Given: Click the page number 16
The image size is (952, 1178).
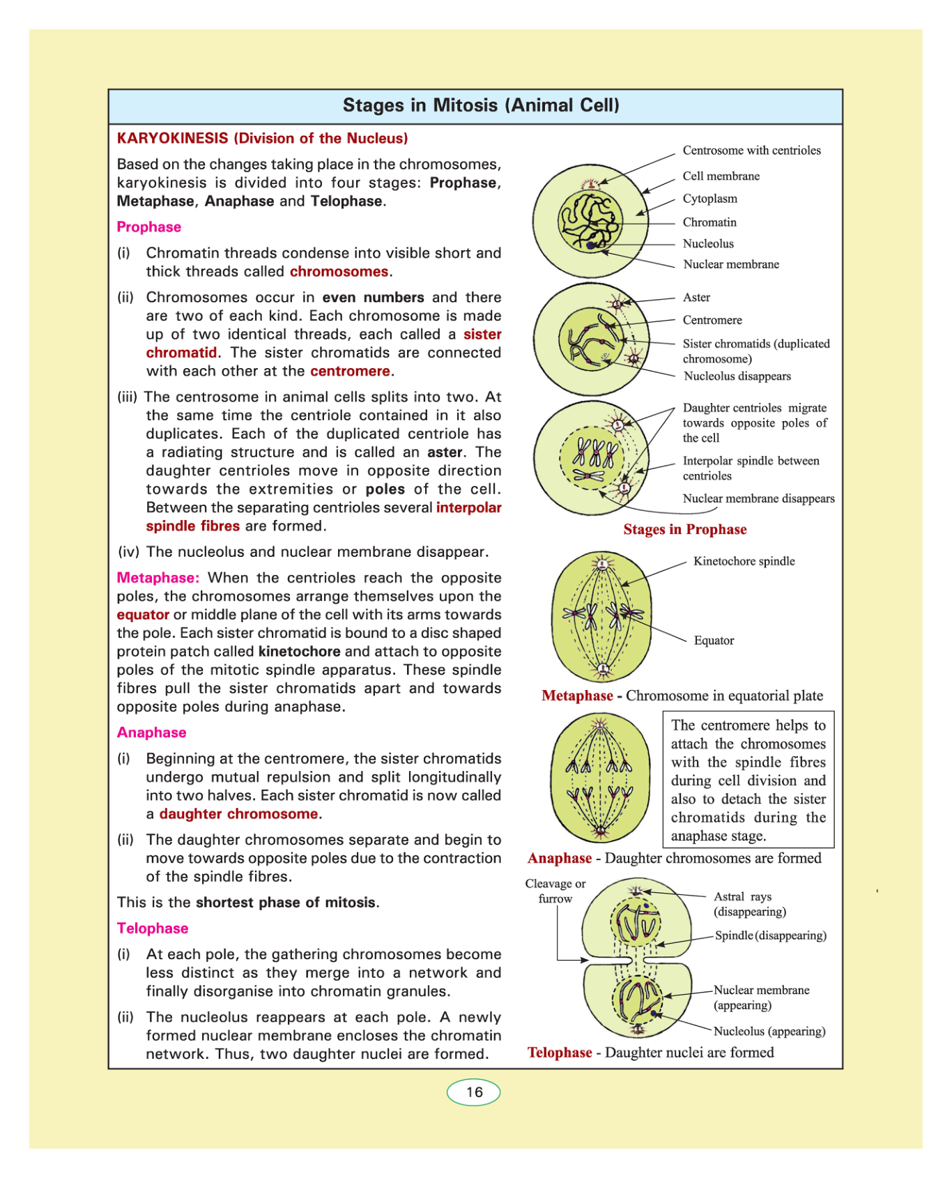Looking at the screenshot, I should point(474,1092).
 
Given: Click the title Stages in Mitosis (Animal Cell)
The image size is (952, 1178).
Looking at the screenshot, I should point(481,105).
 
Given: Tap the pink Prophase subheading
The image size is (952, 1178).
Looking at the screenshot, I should point(149,227).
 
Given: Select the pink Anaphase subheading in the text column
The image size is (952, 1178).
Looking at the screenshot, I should point(152,733).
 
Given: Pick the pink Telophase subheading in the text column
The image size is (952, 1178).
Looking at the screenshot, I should point(153,928).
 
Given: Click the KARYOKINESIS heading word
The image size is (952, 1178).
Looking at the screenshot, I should point(172,138).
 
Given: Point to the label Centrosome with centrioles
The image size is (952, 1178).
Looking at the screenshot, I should point(751,151).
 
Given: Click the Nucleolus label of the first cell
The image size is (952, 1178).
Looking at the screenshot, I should point(708,243).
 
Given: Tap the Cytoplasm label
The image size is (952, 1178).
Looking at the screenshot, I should point(709,199).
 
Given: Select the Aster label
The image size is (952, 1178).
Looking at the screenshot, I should point(696,298).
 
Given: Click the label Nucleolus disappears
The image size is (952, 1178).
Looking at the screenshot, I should point(737,376).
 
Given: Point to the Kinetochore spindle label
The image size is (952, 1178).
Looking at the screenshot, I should point(744,561).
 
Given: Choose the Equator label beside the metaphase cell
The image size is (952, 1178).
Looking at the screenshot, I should point(714,641).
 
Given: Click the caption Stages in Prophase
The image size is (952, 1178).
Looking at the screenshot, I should point(684,530).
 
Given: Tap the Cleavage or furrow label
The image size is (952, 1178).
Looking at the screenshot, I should point(555,891).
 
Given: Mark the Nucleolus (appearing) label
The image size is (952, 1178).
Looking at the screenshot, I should point(769,1031).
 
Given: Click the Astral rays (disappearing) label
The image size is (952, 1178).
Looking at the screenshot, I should point(749,904).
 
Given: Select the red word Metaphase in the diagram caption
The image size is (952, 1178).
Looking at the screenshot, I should point(577,696).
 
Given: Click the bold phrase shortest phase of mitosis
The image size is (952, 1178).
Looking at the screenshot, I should point(286,903).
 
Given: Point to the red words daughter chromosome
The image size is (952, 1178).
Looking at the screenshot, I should point(238,814).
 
